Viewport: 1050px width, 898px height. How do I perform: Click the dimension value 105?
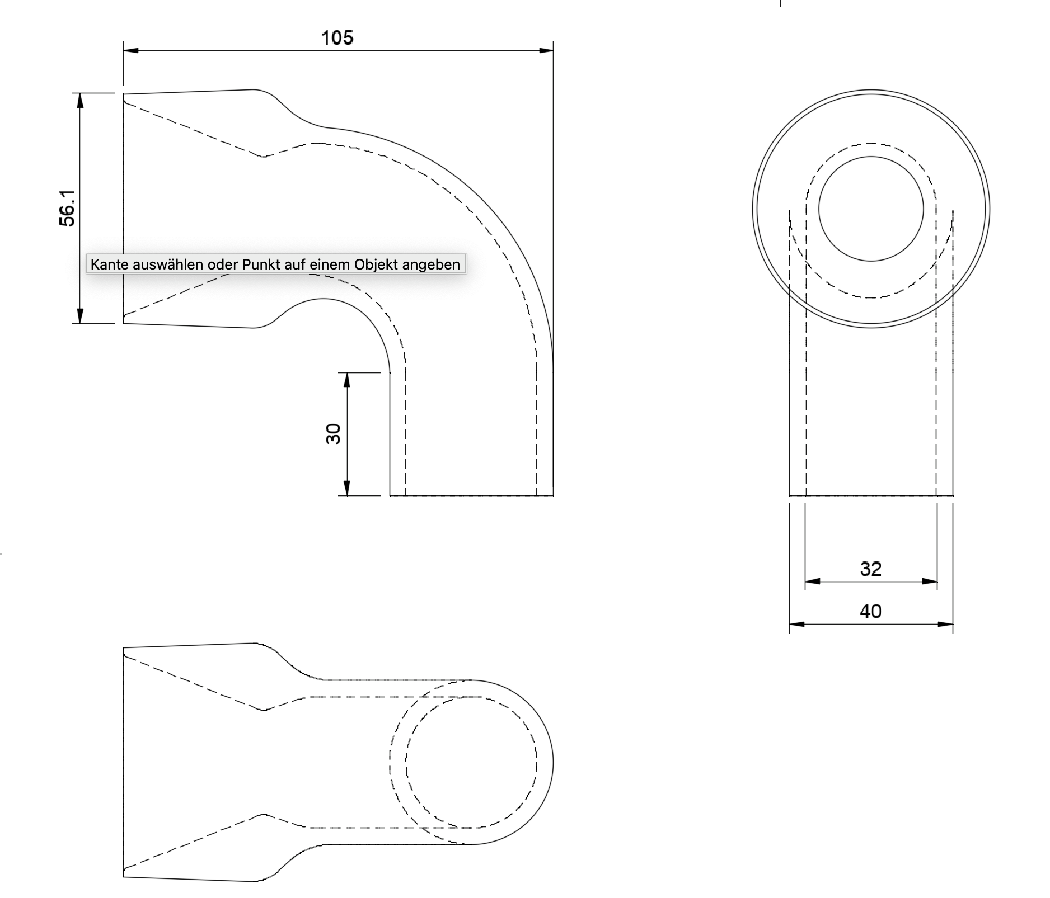337,37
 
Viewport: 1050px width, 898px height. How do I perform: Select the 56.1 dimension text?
67,207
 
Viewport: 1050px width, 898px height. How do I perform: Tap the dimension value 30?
333,433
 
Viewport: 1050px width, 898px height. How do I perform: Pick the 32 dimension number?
870,569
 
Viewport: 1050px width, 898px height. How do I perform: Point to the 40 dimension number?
870,611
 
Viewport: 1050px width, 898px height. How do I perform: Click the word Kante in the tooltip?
107,264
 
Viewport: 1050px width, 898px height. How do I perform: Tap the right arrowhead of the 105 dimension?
546,51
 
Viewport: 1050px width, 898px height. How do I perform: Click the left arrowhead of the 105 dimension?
131,51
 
